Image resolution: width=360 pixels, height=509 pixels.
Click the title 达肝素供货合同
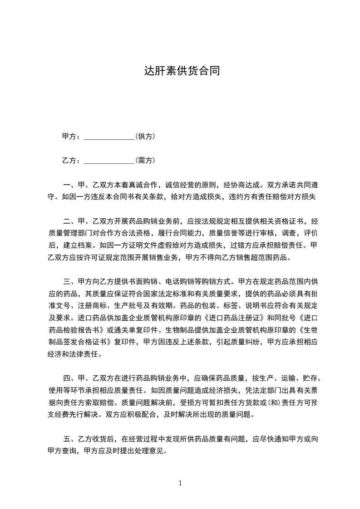point(182,71)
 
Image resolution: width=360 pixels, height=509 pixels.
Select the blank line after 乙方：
point(109,160)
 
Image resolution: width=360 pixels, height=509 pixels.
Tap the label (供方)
point(146,136)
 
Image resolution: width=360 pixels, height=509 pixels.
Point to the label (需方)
point(146,160)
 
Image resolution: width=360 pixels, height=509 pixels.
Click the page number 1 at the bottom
point(180,483)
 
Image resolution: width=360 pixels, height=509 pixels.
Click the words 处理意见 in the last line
point(152,451)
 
